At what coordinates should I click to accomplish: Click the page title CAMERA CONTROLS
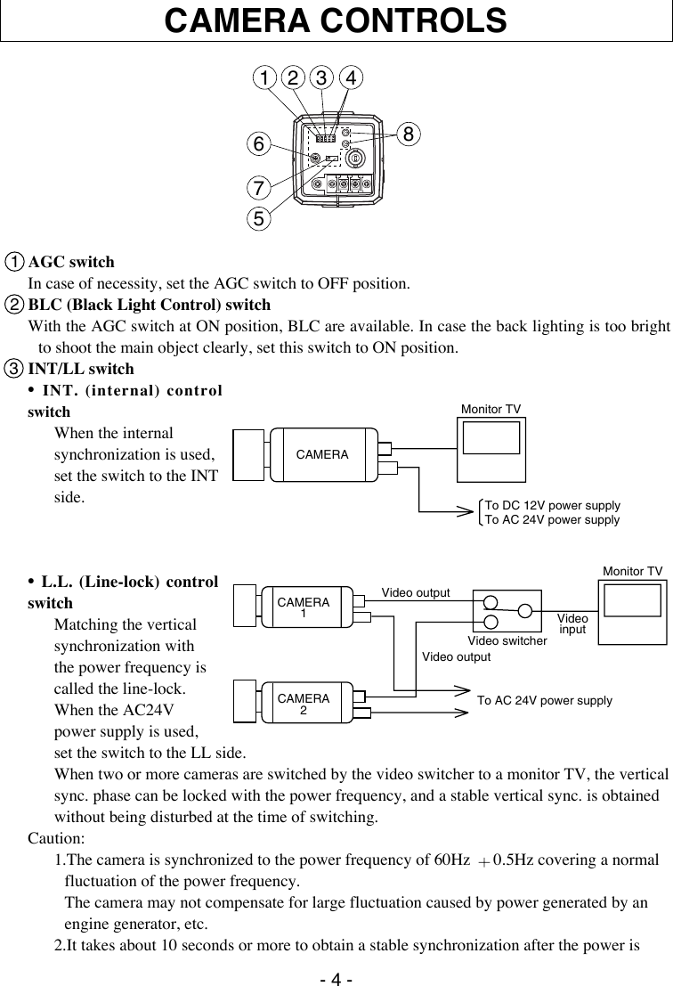pyautogui.click(x=336, y=20)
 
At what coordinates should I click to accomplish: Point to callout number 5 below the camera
pyautogui.click(x=259, y=217)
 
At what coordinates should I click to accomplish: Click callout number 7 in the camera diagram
pyautogui.click(x=258, y=189)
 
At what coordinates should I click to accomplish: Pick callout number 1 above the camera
pyautogui.click(x=264, y=77)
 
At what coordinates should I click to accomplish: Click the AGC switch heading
pyautogui.click(x=71, y=263)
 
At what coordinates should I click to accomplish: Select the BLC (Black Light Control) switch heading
pyautogui.click(x=150, y=305)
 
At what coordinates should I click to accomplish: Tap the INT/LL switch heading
pyautogui.click(x=81, y=369)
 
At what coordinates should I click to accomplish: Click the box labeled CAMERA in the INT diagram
pyautogui.click(x=322, y=454)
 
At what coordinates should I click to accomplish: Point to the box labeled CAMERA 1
pyautogui.click(x=304, y=607)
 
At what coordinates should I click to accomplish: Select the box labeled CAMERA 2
pyautogui.click(x=304, y=704)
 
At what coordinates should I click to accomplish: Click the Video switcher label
pyautogui.click(x=507, y=641)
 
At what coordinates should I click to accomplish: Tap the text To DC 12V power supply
pyautogui.click(x=552, y=505)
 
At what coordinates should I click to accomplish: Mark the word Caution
pyautogui.click(x=56, y=839)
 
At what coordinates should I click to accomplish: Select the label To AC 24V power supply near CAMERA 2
pyautogui.click(x=545, y=701)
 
